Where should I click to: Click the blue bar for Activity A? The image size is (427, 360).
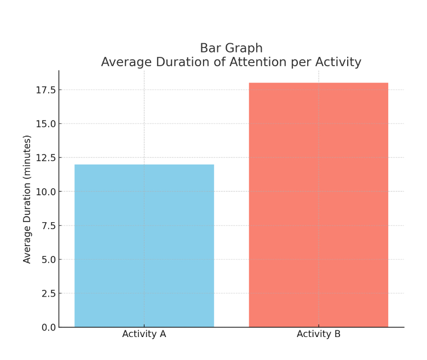(144, 246)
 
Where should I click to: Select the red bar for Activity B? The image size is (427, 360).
(319, 205)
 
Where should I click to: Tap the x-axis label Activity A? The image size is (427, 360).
(144, 334)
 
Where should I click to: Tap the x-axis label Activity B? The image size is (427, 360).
(319, 334)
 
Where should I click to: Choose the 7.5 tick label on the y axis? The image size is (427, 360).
(48, 225)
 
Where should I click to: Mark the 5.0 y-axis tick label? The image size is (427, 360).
(48, 259)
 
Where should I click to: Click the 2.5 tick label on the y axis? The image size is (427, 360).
(48, 293)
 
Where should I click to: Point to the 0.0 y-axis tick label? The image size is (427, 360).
(48, 327)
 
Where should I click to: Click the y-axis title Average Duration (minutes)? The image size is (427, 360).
(27, 199)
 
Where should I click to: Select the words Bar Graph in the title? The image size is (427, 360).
(231, 48)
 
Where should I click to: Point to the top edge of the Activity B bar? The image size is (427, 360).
(319, 83)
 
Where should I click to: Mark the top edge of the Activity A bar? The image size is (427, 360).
(144, 165)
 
